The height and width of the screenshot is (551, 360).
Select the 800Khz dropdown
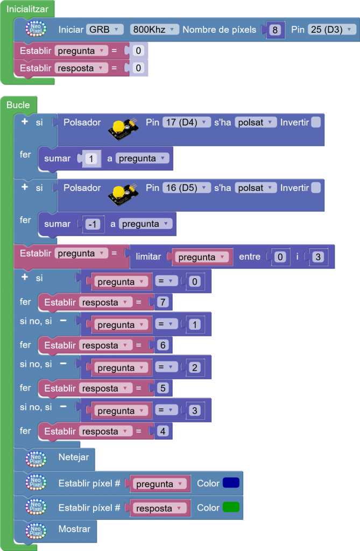point(153,30)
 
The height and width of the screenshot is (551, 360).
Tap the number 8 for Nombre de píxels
point(275,30)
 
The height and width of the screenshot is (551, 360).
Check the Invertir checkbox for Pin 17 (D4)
point(316,122)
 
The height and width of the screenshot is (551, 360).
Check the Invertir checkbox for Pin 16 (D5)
point(316,188)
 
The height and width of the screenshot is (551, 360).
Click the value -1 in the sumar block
point(93,224)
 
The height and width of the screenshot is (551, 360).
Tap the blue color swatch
point(231,483)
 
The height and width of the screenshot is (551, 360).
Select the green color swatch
point(231,507)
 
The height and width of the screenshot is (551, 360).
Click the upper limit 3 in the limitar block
point(318,257)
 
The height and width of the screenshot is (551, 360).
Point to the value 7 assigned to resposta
point(163,302)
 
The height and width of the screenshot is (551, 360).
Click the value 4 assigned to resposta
point(163,432)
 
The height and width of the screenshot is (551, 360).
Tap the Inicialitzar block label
point(27,9)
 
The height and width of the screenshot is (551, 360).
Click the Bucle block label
point(18,105)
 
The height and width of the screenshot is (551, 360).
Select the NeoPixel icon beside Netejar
point(36,459)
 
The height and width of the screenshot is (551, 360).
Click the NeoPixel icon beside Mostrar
point(36,530)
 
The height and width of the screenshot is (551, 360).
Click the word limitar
point(149,257)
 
